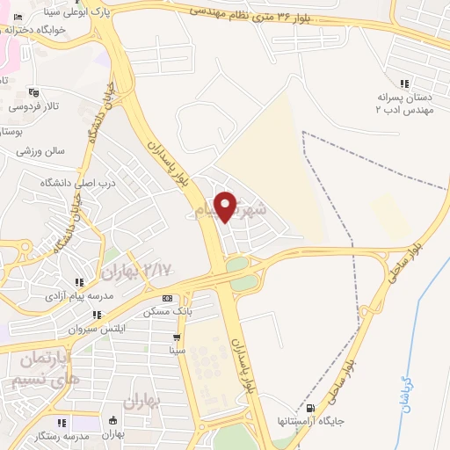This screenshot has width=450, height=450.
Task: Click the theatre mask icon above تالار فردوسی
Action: pyautogui.click(x=34, y=92)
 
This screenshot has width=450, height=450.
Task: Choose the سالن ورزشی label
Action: pyautogui.click(x=40, y=151)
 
